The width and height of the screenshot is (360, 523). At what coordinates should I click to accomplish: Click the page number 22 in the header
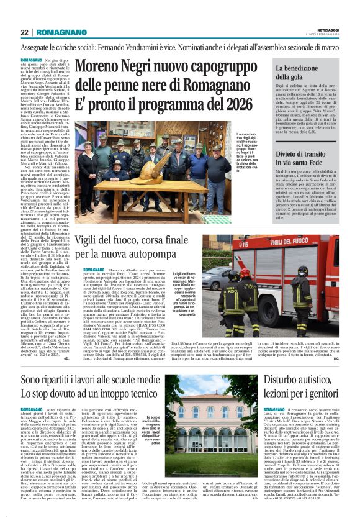[x=25, y=32]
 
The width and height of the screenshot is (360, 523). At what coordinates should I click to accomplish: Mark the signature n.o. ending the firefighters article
[x=353, y=358]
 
